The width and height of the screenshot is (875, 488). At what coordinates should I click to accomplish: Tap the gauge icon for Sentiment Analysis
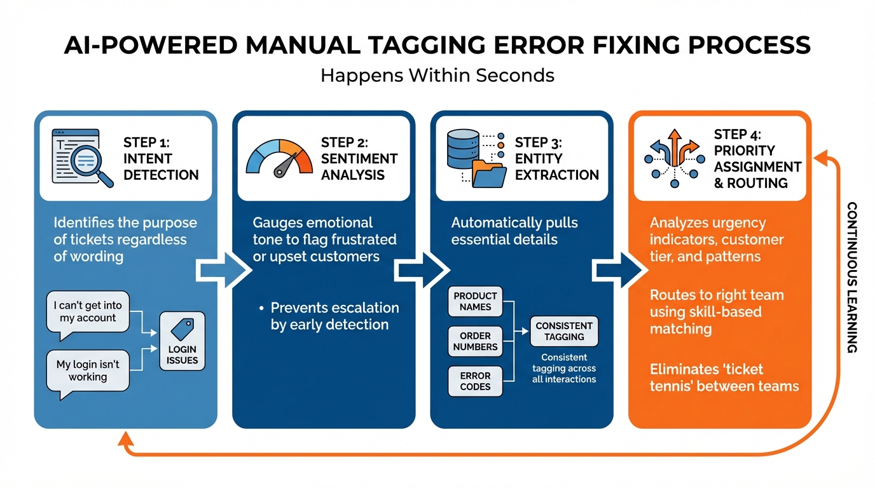(x=279, y=158)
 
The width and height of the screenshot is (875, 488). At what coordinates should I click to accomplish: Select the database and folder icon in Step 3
(x=476, y=158)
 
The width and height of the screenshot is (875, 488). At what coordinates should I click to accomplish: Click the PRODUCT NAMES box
(x=475, y=301)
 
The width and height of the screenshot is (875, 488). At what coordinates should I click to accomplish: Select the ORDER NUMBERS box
(x=475, y=342)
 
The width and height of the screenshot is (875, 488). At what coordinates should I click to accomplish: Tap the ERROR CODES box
(x=475, y=381)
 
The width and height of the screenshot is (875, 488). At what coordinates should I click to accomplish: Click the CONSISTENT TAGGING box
(x=564, y=331)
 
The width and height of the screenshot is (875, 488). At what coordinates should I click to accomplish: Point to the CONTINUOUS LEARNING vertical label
(x=853, y=277)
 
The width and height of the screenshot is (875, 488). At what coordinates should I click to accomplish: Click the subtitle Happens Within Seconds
(x=437, y=76)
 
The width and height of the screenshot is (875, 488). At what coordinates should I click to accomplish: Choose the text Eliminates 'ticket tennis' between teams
(x=724, y=377)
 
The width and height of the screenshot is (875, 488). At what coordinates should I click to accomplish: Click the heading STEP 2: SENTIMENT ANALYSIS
(x=359, y=158)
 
